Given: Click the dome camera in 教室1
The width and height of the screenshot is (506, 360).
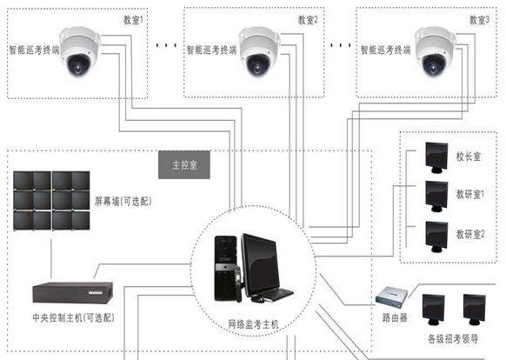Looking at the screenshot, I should pyautogui.click(x=77, y=50).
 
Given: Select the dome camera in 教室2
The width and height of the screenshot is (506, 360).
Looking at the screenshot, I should pyautogui.click(x=257, y=49).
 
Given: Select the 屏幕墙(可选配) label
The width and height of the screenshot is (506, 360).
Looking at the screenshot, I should pyautogui.click(x=123, y=201).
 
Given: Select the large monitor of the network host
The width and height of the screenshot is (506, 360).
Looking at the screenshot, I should pyautogui.click(x=263, y=261).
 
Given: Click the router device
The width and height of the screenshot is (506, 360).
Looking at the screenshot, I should pyautogui.click(x=392, y=298).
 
